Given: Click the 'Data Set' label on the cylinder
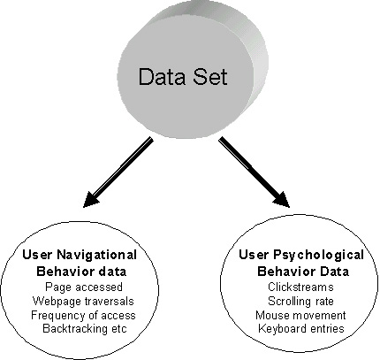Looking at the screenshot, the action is click(183, 77).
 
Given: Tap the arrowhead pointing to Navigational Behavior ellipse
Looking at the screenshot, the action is click(91, 200).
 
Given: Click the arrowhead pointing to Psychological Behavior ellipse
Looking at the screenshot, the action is click(281, 200).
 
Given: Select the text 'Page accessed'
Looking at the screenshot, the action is click(84, 287).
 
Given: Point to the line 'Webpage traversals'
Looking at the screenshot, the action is click(83, 301).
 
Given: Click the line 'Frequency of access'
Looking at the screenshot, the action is click(83, 315).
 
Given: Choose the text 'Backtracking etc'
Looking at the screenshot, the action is click(85, 328).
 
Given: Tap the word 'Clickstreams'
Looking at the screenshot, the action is click(300, 287).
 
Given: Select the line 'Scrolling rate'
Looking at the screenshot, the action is click(300, 301).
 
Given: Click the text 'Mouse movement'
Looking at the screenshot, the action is click(300, 315).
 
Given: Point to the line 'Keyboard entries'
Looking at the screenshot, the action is click(301, 328).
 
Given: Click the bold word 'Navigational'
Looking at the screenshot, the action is click(96, 256).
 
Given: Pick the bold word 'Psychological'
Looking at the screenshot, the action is click(319, 256).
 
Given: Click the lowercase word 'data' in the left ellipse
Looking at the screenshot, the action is click(112, 272).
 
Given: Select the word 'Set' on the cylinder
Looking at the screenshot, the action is click(210, 77).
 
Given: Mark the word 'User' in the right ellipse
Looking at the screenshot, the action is click(254, 255).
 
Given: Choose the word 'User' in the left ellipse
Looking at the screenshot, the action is click(37, 255).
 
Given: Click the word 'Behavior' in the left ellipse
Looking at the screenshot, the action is click(65, 272).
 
